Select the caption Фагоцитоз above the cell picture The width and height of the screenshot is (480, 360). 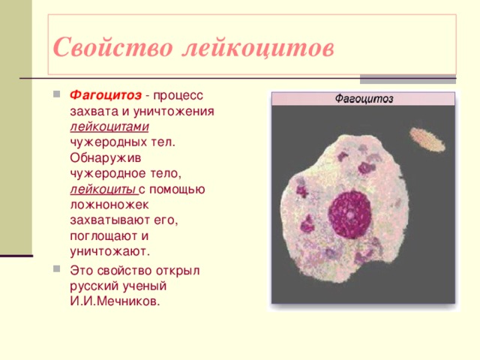click(363, 98)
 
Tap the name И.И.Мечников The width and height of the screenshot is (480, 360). click(114, 301)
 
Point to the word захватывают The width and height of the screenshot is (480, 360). click(112, 219)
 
